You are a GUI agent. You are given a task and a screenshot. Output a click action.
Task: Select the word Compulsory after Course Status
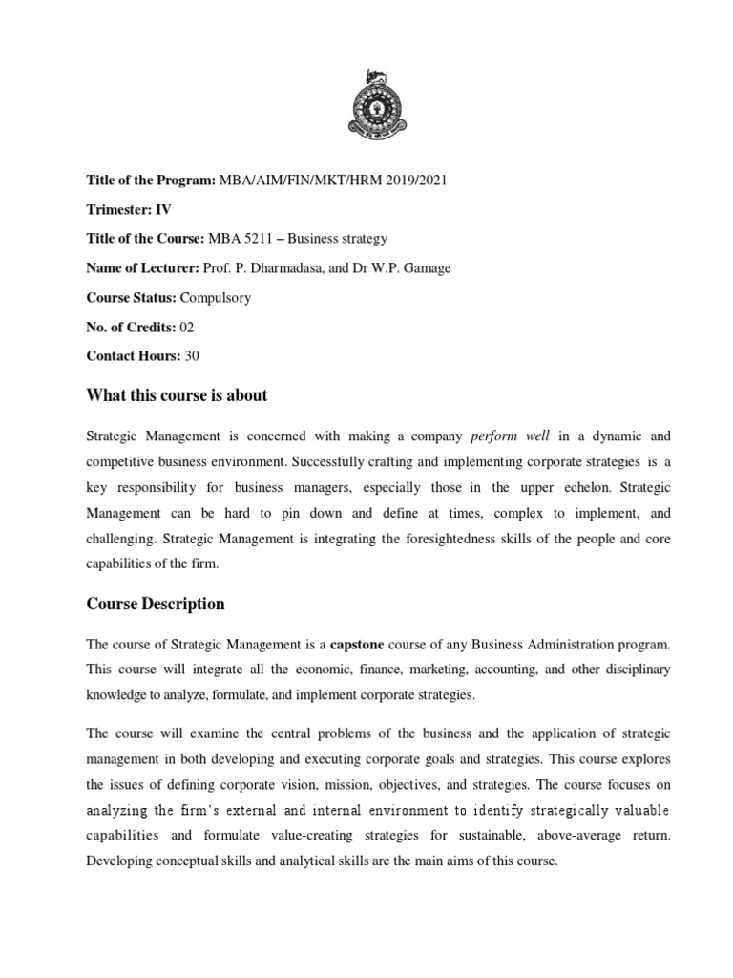pyautogui.click(x=217, y=297)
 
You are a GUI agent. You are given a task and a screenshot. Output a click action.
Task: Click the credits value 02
pyautogui.click(x=187, y=327)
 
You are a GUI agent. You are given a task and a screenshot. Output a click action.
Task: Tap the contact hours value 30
pyautogui.click(x=191, y=355)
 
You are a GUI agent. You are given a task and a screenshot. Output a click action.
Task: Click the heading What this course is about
pyautogui.click(x=177, y=395)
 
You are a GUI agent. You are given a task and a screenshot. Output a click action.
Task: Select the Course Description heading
pyautogui.click(x=156, y=604)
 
